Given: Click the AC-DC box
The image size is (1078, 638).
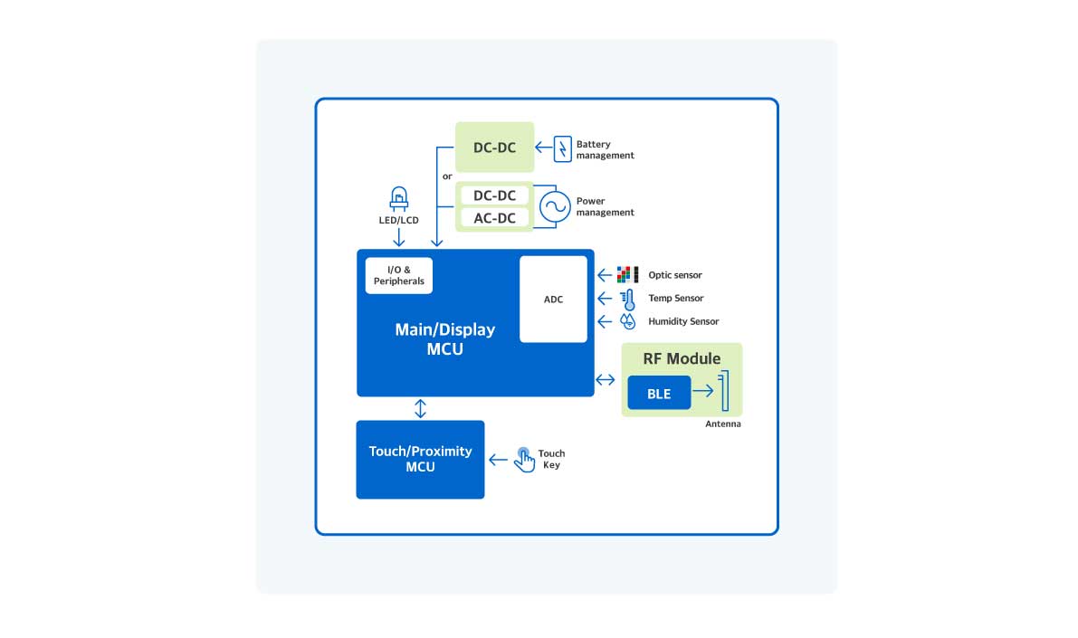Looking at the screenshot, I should click(x=494, y=218).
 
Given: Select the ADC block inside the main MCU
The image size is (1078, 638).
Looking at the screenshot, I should click(x=553, y=300).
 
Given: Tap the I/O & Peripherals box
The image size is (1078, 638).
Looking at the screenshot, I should click(x=399, y=276).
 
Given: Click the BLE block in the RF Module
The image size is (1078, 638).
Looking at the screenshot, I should click(x=659, y=394).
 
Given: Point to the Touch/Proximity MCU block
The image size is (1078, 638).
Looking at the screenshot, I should click(x=420, y=459).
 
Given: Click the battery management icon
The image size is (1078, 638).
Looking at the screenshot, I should click(x=563, y=148).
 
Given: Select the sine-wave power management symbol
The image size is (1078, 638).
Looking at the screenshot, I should click(x=554, y=207).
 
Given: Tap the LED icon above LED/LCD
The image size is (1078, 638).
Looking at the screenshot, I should click(x=398, y=198).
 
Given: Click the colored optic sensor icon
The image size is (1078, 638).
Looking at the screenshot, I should click(x=627, y=274).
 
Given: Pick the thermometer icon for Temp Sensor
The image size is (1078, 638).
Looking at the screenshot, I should click(x=627, y=299).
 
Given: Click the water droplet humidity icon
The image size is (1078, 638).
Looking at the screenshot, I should click(x=627, y=321).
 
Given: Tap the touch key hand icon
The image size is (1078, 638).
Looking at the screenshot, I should click(x=524, y=459).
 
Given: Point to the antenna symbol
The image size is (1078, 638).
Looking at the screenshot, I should click(x=723, y=392).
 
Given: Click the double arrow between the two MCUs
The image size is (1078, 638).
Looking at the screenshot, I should click(x=420, y=408).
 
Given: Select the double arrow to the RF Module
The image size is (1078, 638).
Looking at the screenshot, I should click(x=606, y=379).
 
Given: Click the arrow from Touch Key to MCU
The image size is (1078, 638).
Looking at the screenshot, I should click(x=498, y=460).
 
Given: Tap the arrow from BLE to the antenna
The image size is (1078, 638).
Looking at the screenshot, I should click(x=702, y=394).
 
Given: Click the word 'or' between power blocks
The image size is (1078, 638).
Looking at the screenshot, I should click(x=447, y=176).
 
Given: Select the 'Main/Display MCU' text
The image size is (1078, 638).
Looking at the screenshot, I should click(x=444, y=338).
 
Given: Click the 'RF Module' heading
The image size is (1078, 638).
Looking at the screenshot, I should click(x=682, y=358).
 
